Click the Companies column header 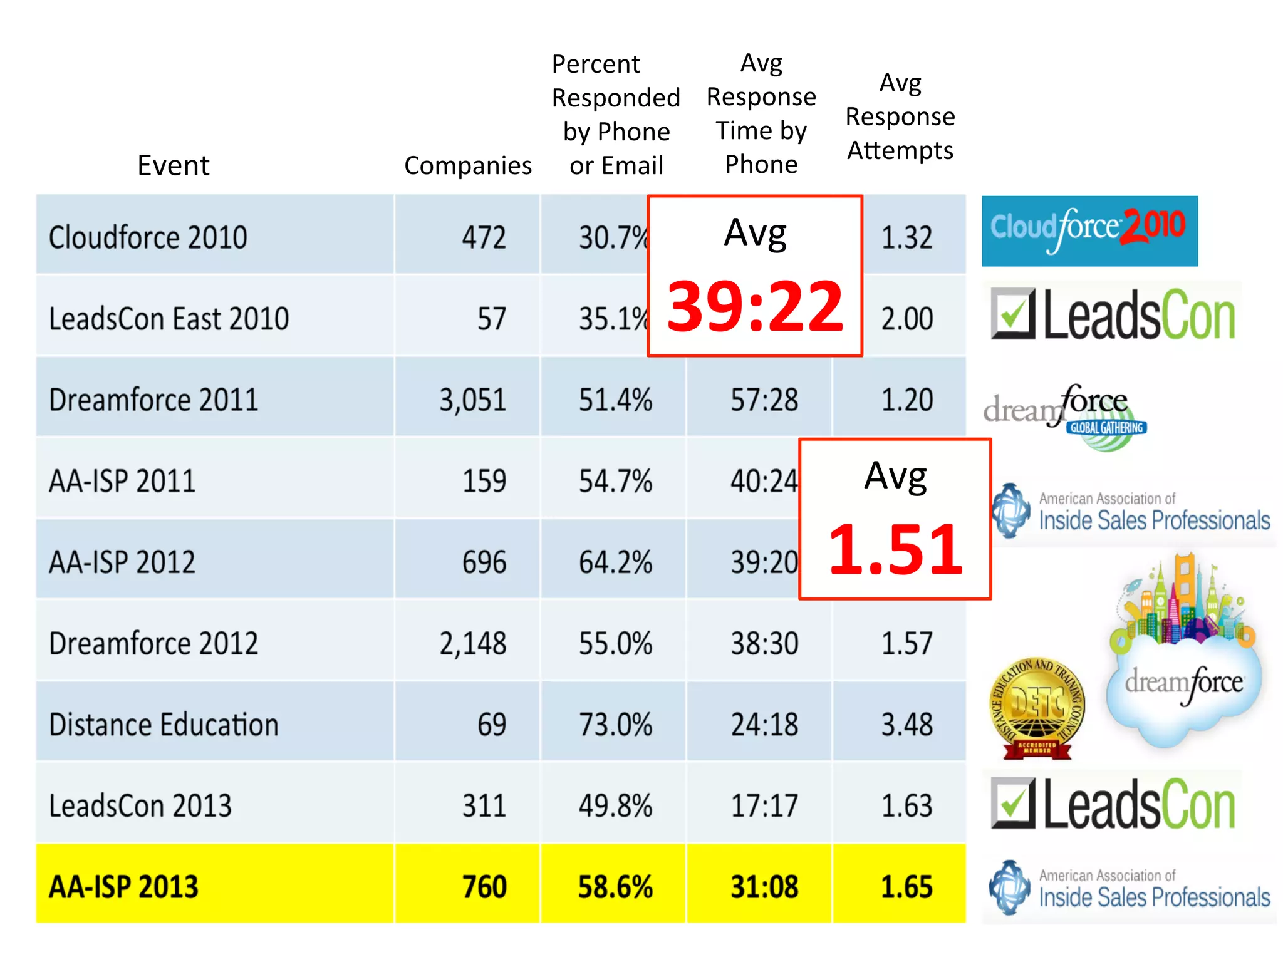pos(467,165)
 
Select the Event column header pos(174,165)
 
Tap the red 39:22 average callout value pos(755,307)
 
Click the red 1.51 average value pos(895,550)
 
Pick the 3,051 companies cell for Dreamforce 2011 pos(472,400)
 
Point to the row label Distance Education pos(164,725)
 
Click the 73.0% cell pos(615,725)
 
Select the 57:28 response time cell pos(764,400)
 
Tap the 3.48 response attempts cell pos(906,725)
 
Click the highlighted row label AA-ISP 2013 pos(123,887)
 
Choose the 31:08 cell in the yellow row pos(764,887)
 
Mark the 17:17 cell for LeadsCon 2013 pos(764,805)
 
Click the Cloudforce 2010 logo pos(1089,230)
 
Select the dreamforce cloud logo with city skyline pos(1183,651)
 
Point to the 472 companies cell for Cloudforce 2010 pos(484,237)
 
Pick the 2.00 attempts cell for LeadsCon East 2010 pos(906,318)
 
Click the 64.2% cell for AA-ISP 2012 pos(615,562)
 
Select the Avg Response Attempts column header pos(900,116)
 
